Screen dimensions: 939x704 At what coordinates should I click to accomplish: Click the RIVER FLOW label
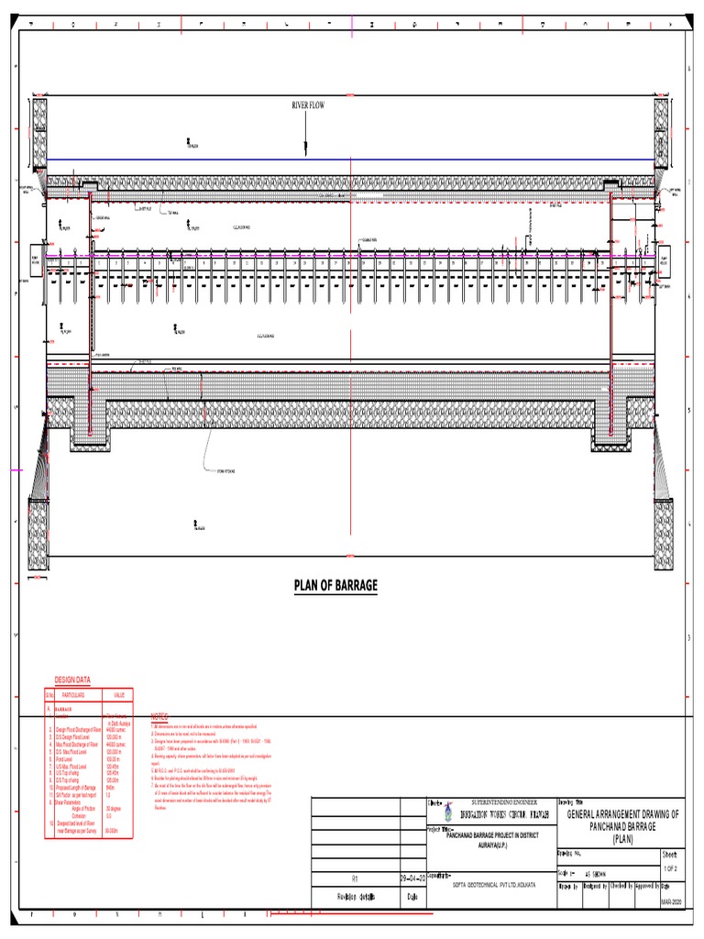pyautogui.click(x=308, y=106)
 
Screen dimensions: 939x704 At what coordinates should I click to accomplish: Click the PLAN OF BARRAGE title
pyautogui.click(x=335, y=585)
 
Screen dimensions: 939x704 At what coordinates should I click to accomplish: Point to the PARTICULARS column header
pyautogui.click(x=71, y=695)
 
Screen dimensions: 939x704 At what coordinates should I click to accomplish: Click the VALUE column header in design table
pyautogui.click(x=118, y=695)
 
